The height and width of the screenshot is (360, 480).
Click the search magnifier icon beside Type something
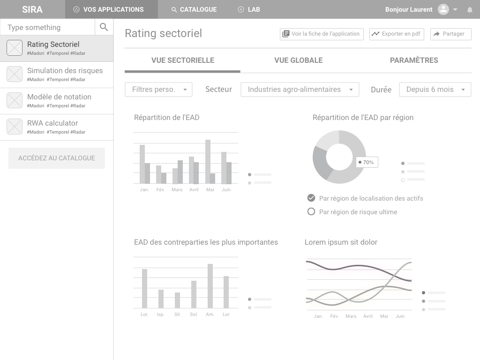[104, 27]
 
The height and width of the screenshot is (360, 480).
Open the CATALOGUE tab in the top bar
[194, 9]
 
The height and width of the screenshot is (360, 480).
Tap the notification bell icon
[470, 10]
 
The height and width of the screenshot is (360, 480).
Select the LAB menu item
[249, 9]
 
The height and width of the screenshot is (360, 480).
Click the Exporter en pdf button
[397, 34]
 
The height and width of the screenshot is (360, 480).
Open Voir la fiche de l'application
[322, 34]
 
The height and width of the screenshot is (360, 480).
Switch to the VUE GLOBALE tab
[299, 60]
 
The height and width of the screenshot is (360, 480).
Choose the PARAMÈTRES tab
[414, 60]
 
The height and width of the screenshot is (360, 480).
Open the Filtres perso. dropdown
[158, 90]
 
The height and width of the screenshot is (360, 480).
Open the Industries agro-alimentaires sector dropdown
[300, 90]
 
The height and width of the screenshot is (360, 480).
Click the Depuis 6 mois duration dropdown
[435, 90]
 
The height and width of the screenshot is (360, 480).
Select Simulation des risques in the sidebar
[57, 75]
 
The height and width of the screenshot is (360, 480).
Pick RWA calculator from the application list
[57, 127]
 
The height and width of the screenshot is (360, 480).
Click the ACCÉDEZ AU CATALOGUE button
[57, 158]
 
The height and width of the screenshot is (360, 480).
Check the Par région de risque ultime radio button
[311, 211]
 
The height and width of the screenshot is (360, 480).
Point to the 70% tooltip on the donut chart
[367, 162]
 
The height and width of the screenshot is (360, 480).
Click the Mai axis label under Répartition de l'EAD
[210, 190]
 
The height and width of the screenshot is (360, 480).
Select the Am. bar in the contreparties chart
[210, 286]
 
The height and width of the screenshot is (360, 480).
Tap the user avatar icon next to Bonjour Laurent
[443, 9]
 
